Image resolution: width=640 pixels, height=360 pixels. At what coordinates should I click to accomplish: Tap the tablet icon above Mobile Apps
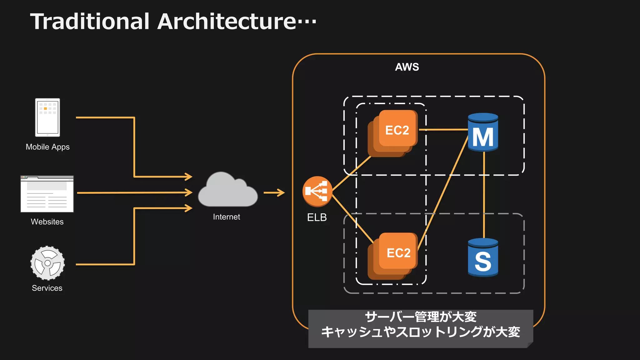tap(47, 117)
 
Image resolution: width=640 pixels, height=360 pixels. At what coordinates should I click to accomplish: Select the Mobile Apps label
tap(47, 147)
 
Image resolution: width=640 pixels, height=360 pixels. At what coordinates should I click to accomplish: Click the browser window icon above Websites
tap(47, 194)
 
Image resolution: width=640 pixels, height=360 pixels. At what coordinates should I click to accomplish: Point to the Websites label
tap(47, 222)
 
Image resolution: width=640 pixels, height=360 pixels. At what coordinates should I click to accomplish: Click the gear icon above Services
tap(47, 263)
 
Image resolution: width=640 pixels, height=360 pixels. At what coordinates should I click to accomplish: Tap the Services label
tap(47, 288)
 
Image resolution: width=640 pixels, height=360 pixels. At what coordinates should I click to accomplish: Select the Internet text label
tap(227, 217)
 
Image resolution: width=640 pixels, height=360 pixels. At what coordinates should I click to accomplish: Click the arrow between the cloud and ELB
tap(274, 193)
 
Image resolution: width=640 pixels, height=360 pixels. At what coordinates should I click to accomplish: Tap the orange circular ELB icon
tap(317, 191)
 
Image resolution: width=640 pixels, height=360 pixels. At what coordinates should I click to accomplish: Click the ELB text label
tap(317, 217)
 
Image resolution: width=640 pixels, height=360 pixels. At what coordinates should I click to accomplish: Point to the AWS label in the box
tap(407, 67)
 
